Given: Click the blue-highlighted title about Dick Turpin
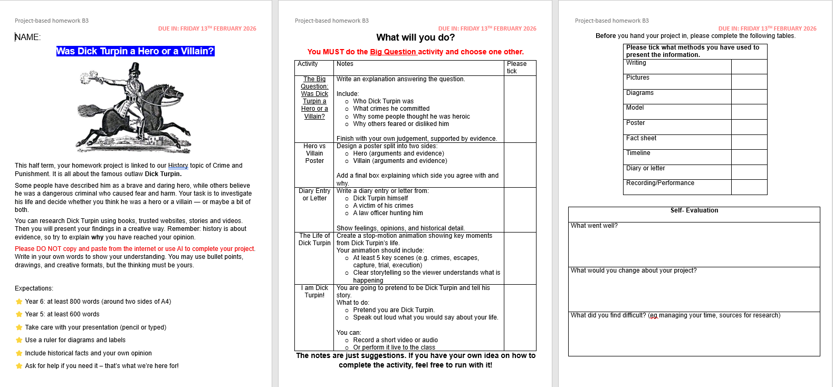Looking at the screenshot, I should click(x=135, y=51).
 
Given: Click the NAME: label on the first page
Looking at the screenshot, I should click(x=27, y=37).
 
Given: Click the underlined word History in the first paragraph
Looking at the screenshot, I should click(x=178, y=166).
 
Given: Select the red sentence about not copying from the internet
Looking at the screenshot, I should click(x=135, y=249).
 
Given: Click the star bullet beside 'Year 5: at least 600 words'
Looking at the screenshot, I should click(x=19, y=314).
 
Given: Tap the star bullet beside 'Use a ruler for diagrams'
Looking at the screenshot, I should click(x=19, y=340).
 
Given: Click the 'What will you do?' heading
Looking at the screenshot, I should click(x=415, y=37).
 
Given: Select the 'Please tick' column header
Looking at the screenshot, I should click(x=516, y=67).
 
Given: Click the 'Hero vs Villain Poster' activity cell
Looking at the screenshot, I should click(x=314, y=153).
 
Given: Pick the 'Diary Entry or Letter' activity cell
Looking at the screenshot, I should click(x=314, y=195).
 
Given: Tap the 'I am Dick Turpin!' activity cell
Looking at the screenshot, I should click(x=314, y=292).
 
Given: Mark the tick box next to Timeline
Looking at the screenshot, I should click(x=749, y=157).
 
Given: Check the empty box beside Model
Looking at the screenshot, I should click(x=749, y=112).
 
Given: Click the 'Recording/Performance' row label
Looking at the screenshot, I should click(x=660, y=183).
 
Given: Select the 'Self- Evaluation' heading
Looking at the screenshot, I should click(x=694, y=210).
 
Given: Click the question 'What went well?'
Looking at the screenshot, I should click(x=594, y=226).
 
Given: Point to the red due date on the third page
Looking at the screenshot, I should click(x=767, y=28).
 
